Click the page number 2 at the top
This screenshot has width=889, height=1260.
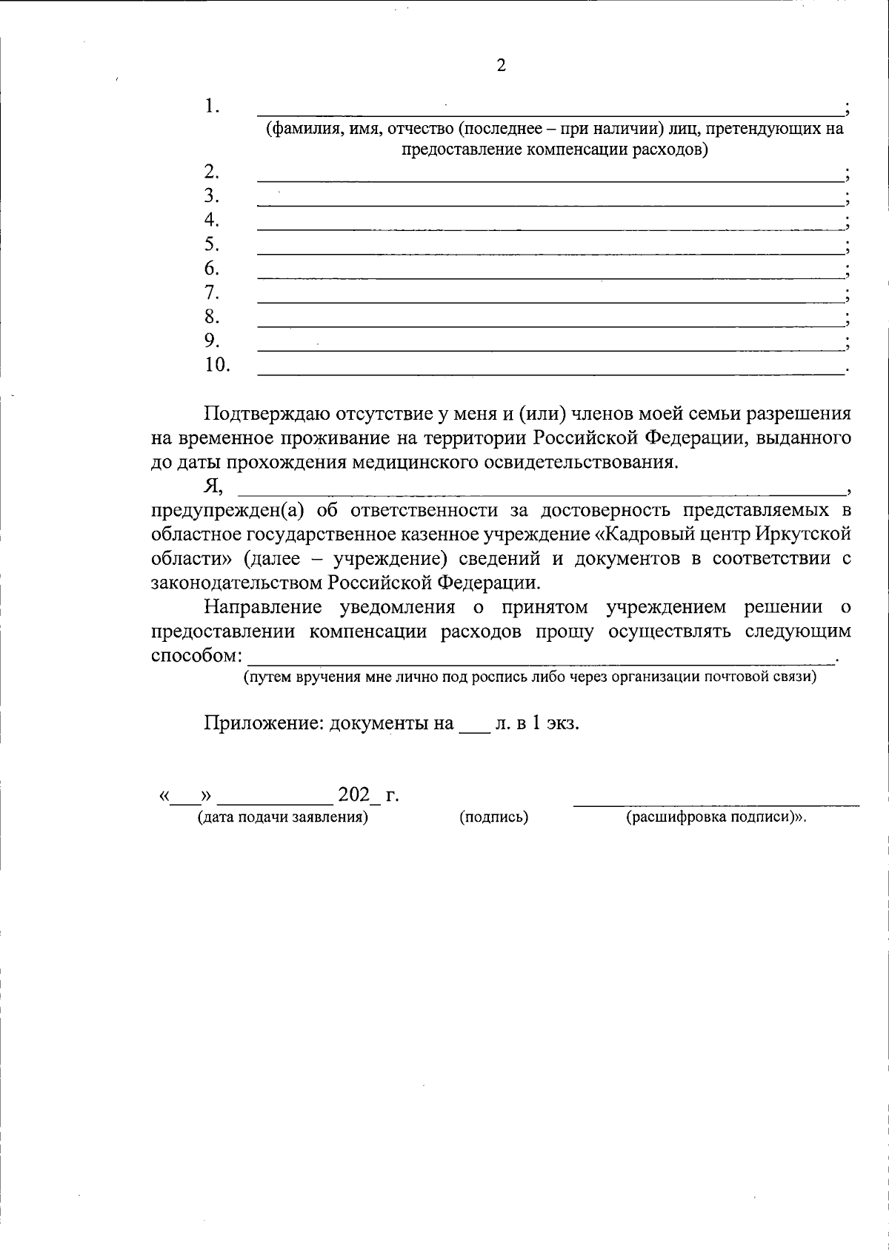(x=501, y=65)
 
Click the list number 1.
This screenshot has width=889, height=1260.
(x=212, y=106)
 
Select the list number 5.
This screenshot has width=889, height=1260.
(x=212, y=244)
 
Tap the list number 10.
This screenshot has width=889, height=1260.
(x=217, y=365)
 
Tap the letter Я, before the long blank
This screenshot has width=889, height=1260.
(x=213, y=486)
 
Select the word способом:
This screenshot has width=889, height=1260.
(x=196, y=656)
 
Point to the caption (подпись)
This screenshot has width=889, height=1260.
(x=493, y=818)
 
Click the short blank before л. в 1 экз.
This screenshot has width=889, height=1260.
(x=474, y=729)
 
